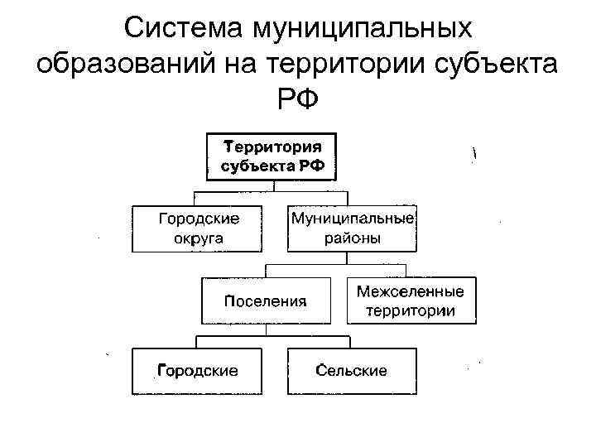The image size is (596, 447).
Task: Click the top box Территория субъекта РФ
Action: coord(271,156)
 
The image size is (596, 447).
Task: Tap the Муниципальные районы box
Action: coord(352,228)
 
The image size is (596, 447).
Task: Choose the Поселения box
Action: coord(266,300)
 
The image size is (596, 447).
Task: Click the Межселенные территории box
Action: coord(411,300)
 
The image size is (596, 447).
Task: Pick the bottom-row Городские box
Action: coord(198,370)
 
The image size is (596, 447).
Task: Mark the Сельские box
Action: coord(351,370)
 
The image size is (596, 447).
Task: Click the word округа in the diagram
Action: coord(199,239)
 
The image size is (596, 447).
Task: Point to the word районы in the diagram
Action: coord(352,239)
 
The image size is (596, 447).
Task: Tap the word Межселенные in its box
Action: coord(411,291)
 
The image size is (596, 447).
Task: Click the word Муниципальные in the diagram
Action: coord(352,218)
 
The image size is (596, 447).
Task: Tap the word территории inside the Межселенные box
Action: coord(411,311)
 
